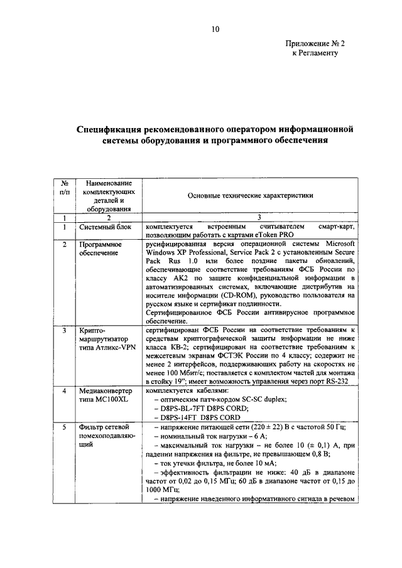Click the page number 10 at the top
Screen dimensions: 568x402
click(x=215, y=29)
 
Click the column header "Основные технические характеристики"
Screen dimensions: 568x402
click(x=250, y=195)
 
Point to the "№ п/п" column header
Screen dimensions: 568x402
click(x=64, y=186)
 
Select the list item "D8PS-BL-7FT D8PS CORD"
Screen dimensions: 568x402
click(x=203, y=407)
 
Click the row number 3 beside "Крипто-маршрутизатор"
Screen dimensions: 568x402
click(x=64, y=329)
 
